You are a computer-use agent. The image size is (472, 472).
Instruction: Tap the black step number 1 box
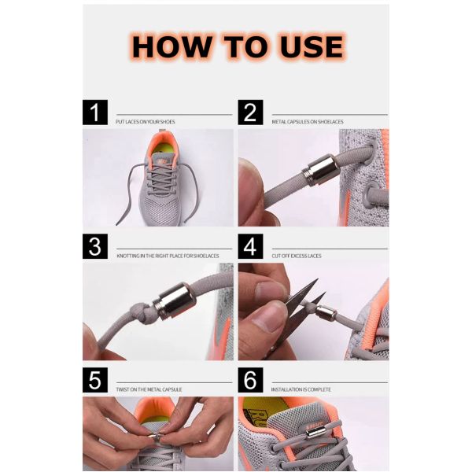[x=95, y=112]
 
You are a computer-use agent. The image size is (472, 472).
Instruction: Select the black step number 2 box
[x=251, y=112]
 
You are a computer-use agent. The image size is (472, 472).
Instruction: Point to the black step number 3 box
[x=95, y=246]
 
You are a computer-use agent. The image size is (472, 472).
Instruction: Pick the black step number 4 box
[x=251, y=246]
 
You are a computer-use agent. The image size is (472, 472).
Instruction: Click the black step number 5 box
[x=95, y=381]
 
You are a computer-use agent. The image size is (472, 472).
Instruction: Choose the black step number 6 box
[x=251, y=381]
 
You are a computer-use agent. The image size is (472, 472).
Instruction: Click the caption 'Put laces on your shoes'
[x=145, y=122]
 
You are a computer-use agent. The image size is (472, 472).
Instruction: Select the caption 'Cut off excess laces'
[x=297, y=256]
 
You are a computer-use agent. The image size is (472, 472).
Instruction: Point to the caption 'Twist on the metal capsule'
[x=149, y=389]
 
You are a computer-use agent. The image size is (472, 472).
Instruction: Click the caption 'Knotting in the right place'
[x=167, y=256]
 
